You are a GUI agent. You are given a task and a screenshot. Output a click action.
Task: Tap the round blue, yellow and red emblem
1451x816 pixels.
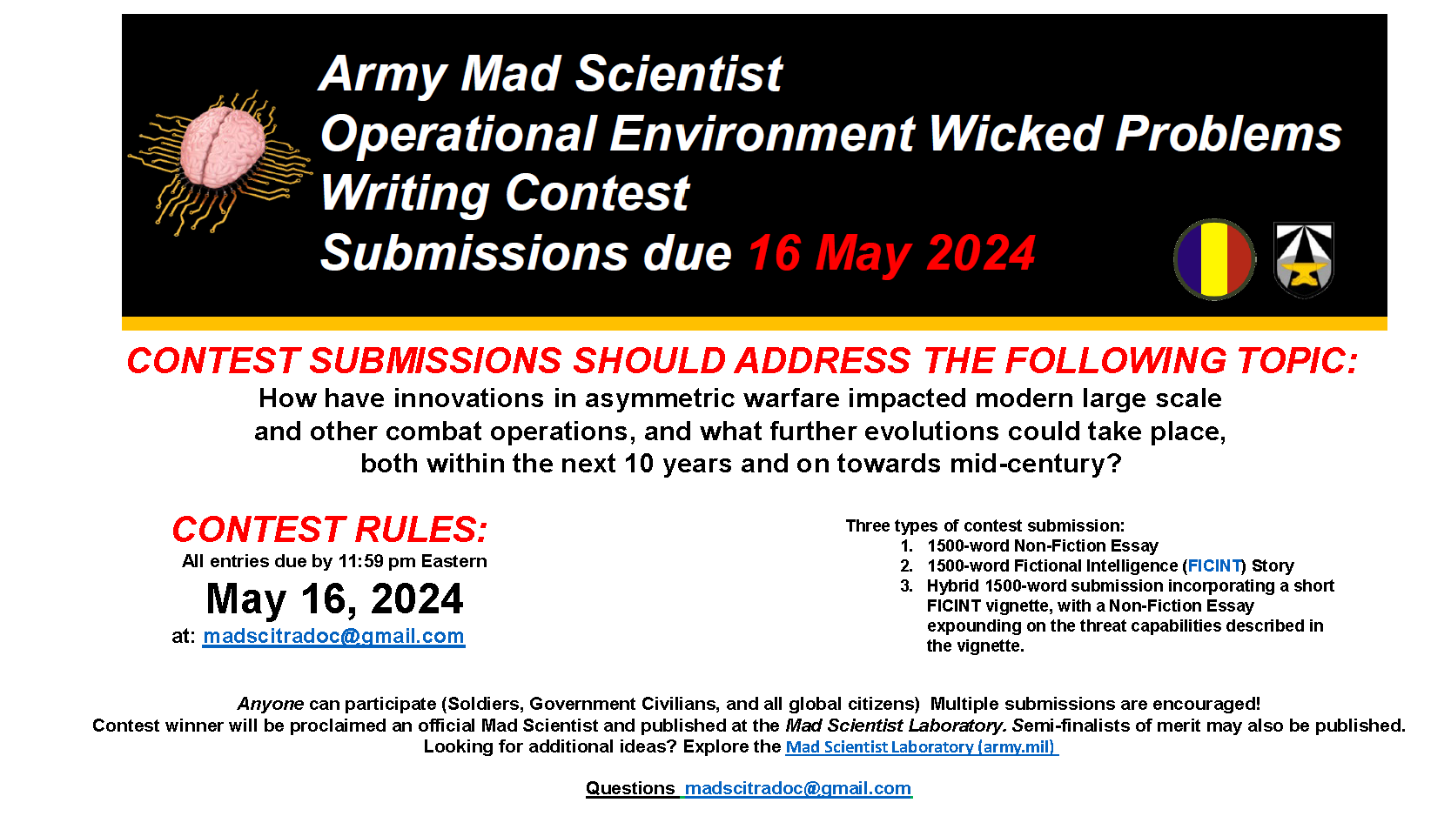click(x=1214, y=259)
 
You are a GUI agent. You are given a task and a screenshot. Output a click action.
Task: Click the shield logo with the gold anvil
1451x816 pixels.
click(x=1303, y=260)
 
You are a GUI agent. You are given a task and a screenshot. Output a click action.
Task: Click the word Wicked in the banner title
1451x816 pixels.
click(x=1015, y=133)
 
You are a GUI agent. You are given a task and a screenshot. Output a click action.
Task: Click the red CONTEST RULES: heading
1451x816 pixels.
click(x=330, y=529)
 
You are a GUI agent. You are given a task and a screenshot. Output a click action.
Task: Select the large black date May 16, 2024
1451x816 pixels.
click(x=334, y=599)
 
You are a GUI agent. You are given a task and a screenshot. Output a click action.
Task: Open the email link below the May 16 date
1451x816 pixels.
click(x=333, y=636)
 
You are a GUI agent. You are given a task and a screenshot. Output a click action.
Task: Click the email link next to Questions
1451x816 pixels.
click(x=798, y=788)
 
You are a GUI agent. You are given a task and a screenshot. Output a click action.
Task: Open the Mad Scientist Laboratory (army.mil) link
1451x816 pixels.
click(x=922, y=746)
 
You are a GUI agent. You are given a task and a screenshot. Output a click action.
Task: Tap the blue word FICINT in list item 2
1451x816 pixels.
click(x=1214, y=566)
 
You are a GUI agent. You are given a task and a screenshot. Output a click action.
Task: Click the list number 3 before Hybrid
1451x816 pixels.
click(x=906, y=586)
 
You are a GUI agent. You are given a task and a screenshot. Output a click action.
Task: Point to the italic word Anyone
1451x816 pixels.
click(x=271, y=704)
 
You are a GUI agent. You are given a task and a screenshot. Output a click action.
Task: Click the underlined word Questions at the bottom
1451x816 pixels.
click(x=630, y=788)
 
